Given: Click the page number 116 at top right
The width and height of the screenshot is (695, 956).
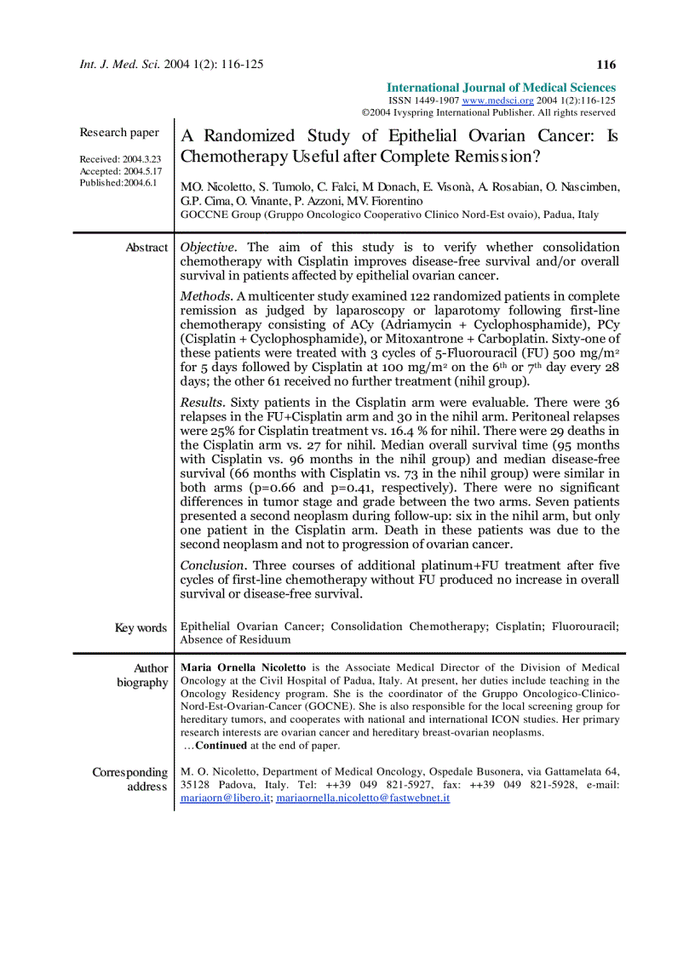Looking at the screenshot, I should coord(606,65).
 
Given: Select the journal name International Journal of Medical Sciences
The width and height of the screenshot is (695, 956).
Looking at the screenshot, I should coord(501,88).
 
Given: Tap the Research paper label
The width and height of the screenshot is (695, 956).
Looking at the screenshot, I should coord(119,132).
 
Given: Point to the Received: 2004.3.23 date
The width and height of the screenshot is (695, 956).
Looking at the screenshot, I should coord(120,159).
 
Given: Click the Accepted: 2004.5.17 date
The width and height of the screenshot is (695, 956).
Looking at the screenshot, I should coord(120,171).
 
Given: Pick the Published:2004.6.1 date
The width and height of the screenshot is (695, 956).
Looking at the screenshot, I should coord(118,183).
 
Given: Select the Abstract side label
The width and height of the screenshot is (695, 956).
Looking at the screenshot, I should coord(146,248).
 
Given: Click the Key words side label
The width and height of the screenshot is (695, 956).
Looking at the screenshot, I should coord(141,628).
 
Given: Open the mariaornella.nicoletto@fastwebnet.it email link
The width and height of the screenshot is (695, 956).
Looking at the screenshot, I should coord(363,799).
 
